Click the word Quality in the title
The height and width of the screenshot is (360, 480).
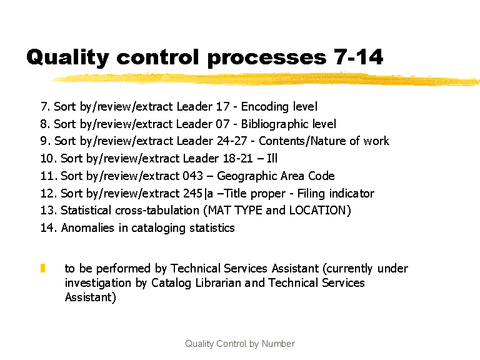click(x=67, y=57)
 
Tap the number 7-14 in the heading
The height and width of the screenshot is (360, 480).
click(x=358, y=57)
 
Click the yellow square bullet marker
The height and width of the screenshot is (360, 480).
click(x=43, y=268)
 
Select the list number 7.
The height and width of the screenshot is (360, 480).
click(x=44, y=106)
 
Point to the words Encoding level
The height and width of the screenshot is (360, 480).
click(x=279, y=107)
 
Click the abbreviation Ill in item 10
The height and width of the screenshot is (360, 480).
click(x=272, y=158)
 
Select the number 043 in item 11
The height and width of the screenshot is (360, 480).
click(x=193, y=176)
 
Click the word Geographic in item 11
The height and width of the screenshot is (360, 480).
click(x=246, y=176)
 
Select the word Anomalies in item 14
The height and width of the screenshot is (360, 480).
click(x=87, y=228)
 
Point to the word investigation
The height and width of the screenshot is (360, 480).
click(x=98, y=283)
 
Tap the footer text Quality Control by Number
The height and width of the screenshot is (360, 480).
click(x=240, y=344)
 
